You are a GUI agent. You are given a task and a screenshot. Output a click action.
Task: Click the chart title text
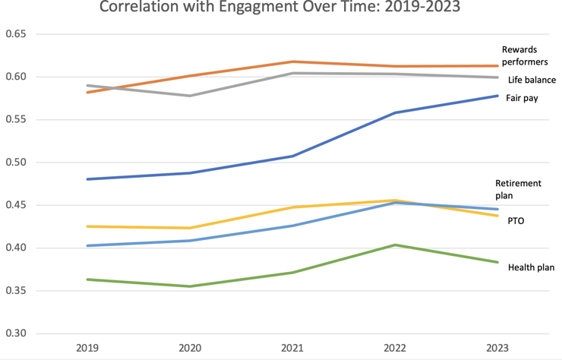coord(280,10)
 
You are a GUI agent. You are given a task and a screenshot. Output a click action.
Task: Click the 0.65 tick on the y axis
coord(15,34)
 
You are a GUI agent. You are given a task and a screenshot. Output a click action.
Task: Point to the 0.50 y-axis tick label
coord(15,163)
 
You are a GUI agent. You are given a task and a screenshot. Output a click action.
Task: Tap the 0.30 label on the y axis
coord(15,333)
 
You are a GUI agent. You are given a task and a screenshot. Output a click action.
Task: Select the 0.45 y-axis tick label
coord(15,205)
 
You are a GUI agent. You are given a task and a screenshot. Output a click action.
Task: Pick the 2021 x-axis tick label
coord(292,347)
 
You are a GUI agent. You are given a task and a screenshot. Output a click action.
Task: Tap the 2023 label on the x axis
coord(497,347)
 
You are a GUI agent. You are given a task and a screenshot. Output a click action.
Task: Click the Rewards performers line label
coord(526,55)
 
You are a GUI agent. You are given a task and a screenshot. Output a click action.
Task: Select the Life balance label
coord(532,80)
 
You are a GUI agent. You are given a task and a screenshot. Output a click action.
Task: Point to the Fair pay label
coord(522,99)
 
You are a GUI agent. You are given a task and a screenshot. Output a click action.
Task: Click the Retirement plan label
coord(518,189)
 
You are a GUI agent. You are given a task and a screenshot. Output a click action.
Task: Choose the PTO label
coord(516,221)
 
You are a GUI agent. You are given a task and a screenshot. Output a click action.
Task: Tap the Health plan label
coord(531,267)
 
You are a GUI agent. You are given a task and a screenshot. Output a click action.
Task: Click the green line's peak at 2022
coord(395,245)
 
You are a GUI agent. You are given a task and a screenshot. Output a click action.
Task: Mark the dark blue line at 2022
coord(395,112)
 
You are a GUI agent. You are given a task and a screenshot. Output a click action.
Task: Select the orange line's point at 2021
coord(292,62)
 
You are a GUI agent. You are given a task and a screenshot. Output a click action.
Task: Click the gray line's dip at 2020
coord(190,96)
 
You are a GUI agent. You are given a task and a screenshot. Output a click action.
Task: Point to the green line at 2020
coord(190,286)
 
